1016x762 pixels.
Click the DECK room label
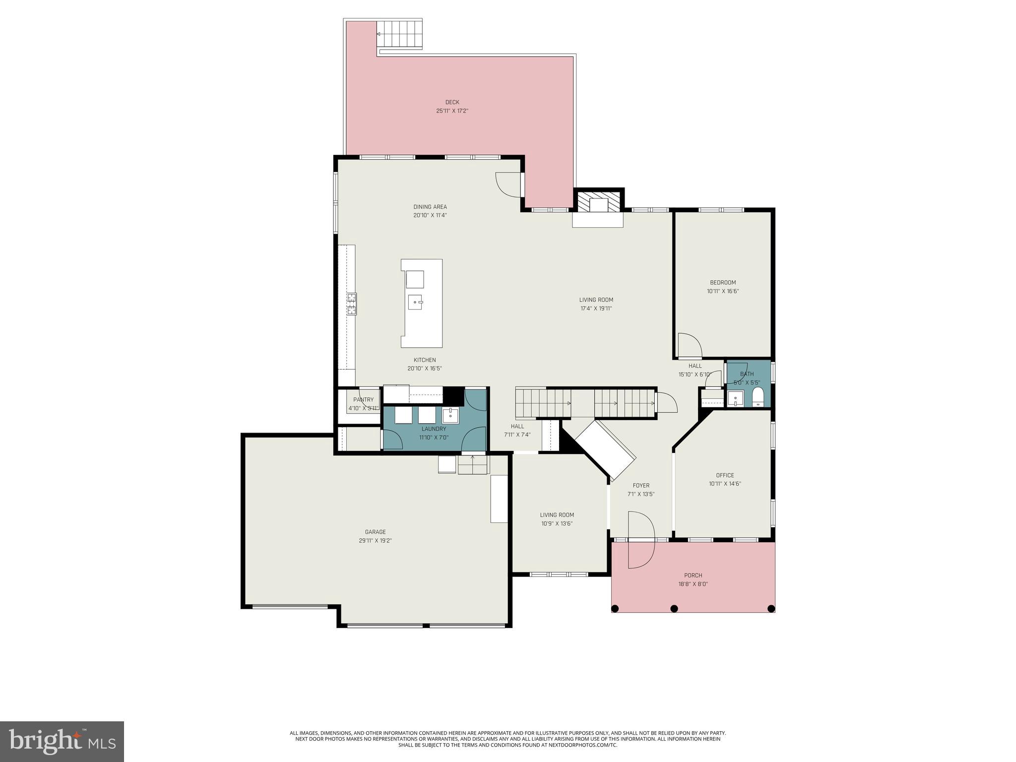tap(452, 102)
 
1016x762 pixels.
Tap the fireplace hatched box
tap(599, 201)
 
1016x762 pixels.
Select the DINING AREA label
tap(430, 207)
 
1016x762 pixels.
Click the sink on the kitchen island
tap(415, 302)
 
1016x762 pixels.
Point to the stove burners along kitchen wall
tap(352, 304)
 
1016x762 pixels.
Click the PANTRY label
tap(363, 400)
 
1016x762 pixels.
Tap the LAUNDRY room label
tap(434, 429)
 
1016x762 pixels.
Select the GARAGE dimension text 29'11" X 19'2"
tap(376, 541)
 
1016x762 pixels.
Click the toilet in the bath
tap(758, 397)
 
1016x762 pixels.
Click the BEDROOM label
tap(723, 283)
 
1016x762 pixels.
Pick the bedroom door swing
tap(689, 346)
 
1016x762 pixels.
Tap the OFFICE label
tap(725, 475)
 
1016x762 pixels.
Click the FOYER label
tap(641, 486)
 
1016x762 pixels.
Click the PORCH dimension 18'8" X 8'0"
tap(693, 584)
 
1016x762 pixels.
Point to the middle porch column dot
tap(674, 608)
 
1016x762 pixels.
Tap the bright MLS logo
tap(62, 742)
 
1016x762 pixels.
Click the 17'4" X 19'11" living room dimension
tap(596, 308)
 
